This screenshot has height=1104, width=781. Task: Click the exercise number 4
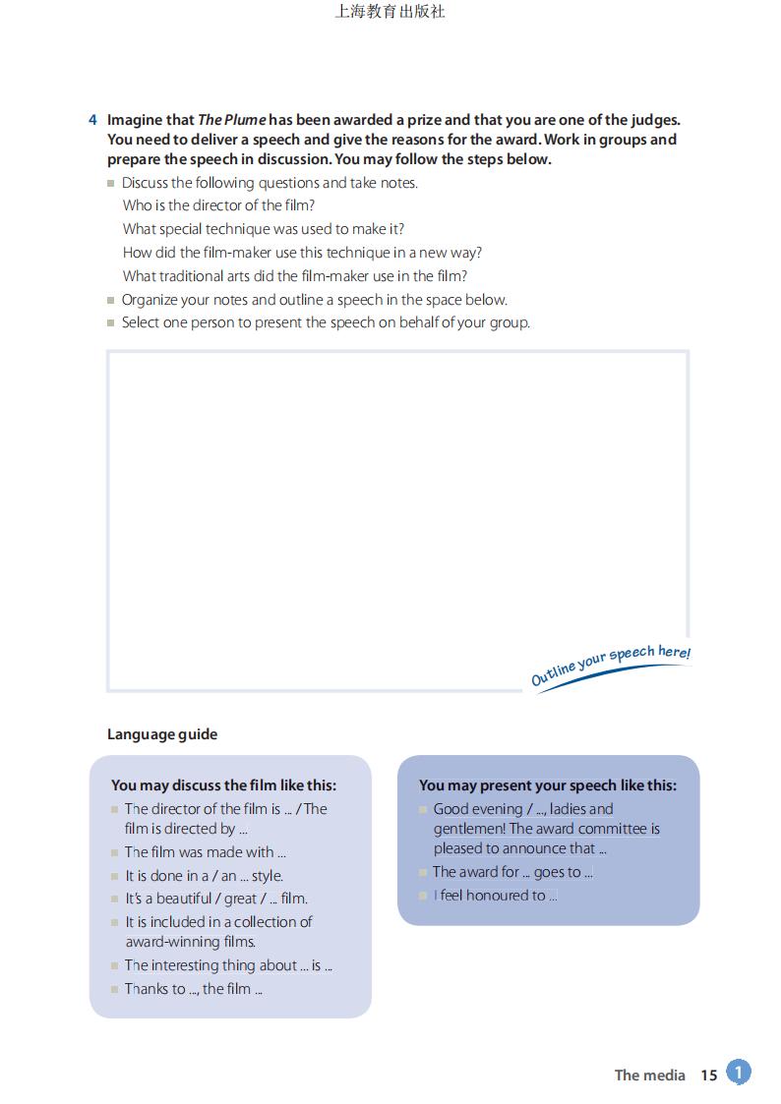coord(92,120)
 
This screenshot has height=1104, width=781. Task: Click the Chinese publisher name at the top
coord(390,12)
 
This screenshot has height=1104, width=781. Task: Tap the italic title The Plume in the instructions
coord(232,120)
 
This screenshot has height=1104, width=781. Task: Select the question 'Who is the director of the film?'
coord(218,205)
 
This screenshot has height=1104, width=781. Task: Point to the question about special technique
coord(264,229)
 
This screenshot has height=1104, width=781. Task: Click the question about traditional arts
coord(295,276)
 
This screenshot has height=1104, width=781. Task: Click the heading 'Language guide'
coord(162,734)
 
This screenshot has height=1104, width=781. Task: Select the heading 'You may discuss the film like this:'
coord(223,785)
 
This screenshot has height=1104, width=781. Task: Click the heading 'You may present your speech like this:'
coord(548,785)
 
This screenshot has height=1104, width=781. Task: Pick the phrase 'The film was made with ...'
coord(205,852)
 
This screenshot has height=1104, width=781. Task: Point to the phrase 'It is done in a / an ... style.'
coord(204,876)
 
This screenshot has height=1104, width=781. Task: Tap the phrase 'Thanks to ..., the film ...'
coord(193,989)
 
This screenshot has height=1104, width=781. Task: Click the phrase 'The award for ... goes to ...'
coord(512,872)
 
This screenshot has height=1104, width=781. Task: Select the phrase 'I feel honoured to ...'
coord(495,896)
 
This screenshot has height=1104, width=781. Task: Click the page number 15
coord(709,1075)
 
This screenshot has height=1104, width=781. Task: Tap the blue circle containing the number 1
coord(739,1073)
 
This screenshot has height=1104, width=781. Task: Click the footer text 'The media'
coord(649,1075)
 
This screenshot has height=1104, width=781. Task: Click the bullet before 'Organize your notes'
coord(111,300)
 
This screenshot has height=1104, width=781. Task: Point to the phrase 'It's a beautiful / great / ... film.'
coord(216,899)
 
